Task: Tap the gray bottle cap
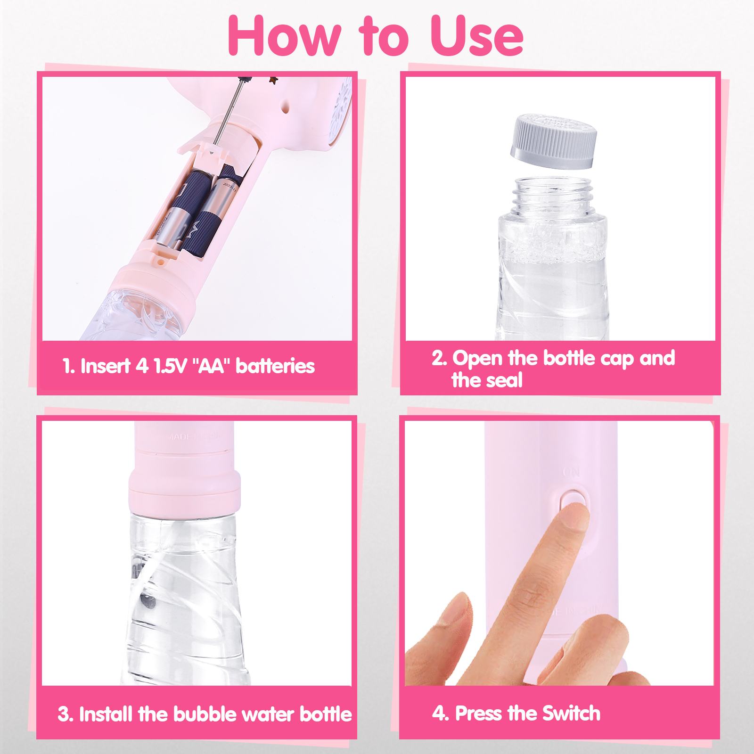click(x=554, y=141)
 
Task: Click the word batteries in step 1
click(x=275, y=366)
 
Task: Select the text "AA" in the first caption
click(x=211, y=366)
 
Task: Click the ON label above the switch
click(x=572, y=472)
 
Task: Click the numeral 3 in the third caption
click(x=64, y=714)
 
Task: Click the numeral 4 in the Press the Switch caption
click(x=439, y=713)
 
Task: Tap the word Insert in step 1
click(x=106, y=366)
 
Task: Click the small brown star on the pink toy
click(x=273, y=81)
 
